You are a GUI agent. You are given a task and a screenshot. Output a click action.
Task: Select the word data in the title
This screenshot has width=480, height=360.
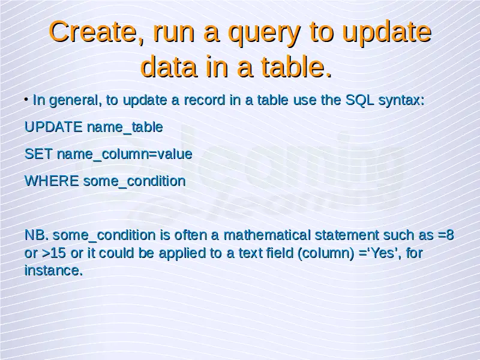tap(169, 67)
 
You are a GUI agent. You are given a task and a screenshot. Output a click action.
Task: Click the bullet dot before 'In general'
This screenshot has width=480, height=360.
tap(26, 99)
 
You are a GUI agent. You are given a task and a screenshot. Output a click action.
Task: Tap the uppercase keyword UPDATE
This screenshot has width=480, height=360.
tap(53, 127)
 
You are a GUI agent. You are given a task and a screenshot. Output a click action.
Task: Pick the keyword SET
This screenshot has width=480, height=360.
tap(38, 154)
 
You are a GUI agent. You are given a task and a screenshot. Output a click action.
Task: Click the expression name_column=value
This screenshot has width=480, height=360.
tap(125, 154)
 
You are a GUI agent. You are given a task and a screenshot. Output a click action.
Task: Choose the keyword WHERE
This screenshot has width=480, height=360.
tap(52, 181)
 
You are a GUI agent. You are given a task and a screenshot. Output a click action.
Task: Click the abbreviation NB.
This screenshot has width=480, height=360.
tap(37, 235)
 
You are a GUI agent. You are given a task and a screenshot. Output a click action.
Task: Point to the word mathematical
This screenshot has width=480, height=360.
tap(267, 235)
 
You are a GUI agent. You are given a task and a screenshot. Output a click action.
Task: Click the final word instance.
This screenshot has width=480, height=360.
tap(53, 271)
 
